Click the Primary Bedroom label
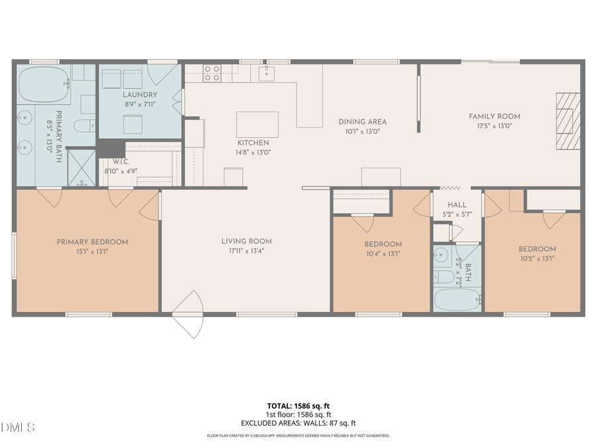(92, 242)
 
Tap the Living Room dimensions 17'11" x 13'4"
(246, 250)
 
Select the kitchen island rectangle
(257, 124)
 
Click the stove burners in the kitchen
(212, 72)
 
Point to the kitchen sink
(267, 72)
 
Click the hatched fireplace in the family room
(568, 122)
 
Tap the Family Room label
(494, 116)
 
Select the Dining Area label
(362, 121)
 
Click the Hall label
(456, 206)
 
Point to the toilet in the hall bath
(444, 275)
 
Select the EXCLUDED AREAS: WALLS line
(298, 422)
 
